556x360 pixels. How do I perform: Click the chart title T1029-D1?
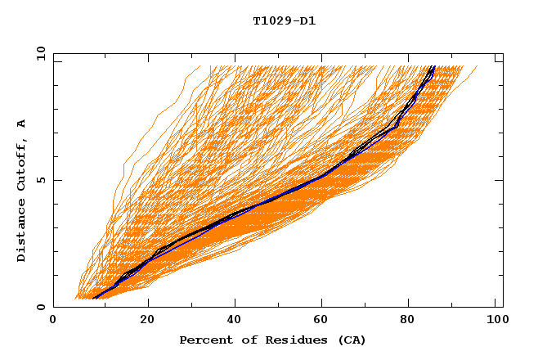point(284,21)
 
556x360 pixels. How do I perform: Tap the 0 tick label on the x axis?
point(53,321)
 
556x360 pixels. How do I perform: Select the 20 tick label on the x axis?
point(147,321)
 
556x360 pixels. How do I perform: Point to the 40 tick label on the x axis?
point(235,321)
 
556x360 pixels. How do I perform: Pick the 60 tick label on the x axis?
point(323,321)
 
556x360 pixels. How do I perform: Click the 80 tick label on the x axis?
point(410,321)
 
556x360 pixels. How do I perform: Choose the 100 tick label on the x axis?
point(495,321)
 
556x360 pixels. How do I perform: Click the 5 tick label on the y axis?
point(40,180)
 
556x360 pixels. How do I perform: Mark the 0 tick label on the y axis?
point(40,307)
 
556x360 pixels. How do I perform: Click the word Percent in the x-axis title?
point(204,340)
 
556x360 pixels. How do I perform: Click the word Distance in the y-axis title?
point(21,232)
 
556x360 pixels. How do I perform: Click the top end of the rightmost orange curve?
point(478,66)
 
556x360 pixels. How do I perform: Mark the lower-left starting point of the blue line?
point(94,298)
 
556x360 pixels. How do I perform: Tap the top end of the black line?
point(434,66)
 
